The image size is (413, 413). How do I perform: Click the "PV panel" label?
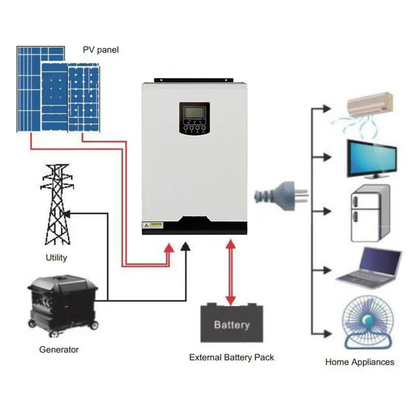(x=101, y=50)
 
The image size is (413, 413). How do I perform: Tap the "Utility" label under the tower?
(x=56, y=257)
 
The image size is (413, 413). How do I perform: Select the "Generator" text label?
(x=59, y=350)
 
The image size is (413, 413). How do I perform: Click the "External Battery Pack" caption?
(x=231, y=357)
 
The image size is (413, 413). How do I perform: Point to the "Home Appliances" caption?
(x=359, y=362)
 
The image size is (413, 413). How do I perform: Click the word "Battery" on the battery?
(x=232, y=325)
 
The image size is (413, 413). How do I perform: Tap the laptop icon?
(x=369, y=266)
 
